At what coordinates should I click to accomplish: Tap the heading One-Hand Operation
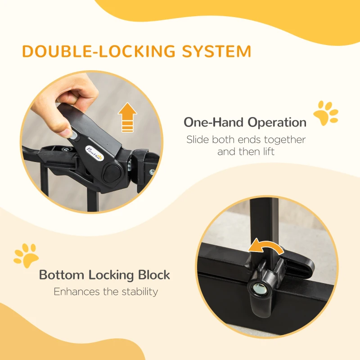tap(245, 122)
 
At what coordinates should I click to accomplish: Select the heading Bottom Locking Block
tap(104, 274)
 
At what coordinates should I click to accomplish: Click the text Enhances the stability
tap(106, 292)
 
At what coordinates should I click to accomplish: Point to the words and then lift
tap(246, 152)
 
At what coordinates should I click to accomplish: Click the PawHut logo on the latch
tap(95, 154)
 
